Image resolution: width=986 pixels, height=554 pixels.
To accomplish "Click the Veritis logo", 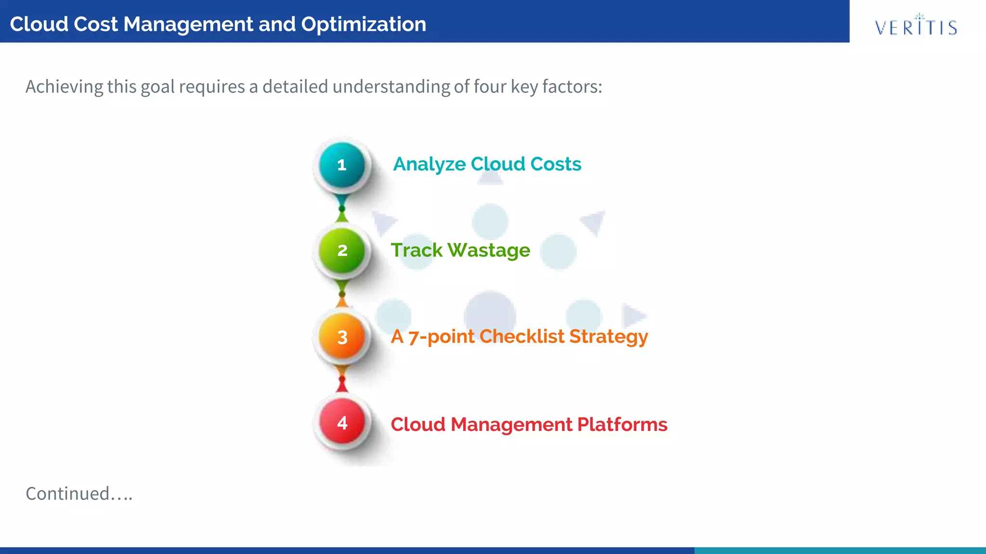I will (x=916, y=26).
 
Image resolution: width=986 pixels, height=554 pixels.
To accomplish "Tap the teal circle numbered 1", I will (x=342, y=165).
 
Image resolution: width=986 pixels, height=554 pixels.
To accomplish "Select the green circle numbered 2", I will (x=342, y=251).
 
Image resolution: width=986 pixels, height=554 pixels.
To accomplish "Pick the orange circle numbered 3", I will (x=342, y=337).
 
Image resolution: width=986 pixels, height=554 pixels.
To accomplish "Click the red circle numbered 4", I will (x=342, y=423).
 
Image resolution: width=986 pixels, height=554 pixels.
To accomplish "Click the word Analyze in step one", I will (x=429, y=164).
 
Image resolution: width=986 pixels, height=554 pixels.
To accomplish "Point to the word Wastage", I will (x=489, y=251).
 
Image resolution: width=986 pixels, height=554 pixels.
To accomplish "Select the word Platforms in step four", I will (x=622, y=425).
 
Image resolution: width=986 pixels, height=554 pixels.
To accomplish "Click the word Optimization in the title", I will (x=363, y=24).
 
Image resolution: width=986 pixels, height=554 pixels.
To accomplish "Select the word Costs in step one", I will (x=556, y=164).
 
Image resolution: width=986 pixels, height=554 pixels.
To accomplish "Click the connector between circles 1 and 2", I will (x=342, y=209).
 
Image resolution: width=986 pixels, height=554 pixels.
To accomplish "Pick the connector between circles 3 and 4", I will (x=342, y=380).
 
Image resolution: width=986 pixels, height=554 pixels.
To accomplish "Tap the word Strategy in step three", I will (x=609, y=337).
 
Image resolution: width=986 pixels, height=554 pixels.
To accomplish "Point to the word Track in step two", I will (x=416, y=251).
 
